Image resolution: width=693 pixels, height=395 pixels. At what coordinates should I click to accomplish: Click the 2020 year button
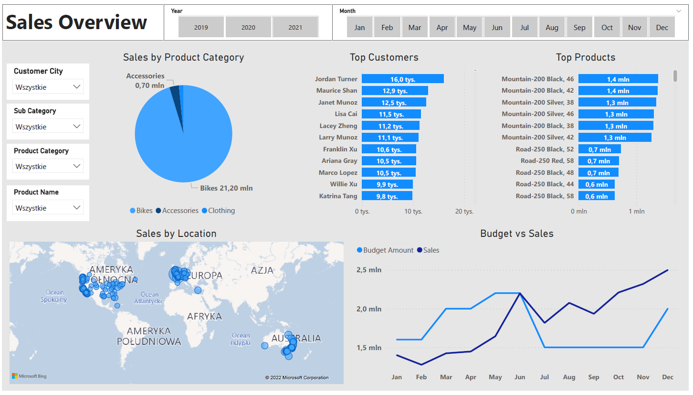[248, 27]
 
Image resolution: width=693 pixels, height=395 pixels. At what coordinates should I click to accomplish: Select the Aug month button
[552, 27]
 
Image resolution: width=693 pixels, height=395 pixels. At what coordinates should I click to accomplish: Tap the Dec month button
[662, 27]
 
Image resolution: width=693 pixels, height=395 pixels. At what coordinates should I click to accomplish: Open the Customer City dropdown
[48, 87]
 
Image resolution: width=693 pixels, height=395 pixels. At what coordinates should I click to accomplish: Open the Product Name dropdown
[48, 208]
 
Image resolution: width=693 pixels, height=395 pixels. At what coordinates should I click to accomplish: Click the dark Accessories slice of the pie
[176, 93]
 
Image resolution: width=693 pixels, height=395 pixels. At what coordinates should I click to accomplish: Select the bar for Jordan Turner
[402, 79]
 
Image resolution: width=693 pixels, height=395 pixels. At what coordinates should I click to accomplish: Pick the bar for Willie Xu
[387, 184]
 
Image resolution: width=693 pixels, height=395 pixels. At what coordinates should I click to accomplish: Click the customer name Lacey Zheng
[338, 126]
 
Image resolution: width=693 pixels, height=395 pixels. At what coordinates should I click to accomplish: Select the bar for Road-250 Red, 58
[598, 161]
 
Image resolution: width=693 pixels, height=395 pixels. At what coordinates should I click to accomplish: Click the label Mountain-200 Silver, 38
[538, 102]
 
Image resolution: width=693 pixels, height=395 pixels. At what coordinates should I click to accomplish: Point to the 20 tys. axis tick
[464, 211]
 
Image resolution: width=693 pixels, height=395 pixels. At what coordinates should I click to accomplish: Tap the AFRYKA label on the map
[204, 316]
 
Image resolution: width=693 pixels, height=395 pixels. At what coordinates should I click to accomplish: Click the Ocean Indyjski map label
[241, 339]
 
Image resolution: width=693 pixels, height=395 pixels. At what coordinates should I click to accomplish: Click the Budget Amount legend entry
[385, 250]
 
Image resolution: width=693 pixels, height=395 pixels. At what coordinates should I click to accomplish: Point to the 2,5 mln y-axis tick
[369, 270]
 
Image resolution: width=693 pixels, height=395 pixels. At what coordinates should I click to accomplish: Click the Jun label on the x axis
[520, 377]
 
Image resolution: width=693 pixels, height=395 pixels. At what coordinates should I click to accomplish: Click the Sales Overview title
[77, 22]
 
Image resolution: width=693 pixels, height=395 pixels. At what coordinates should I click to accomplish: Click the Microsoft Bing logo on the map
[29, 376]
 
